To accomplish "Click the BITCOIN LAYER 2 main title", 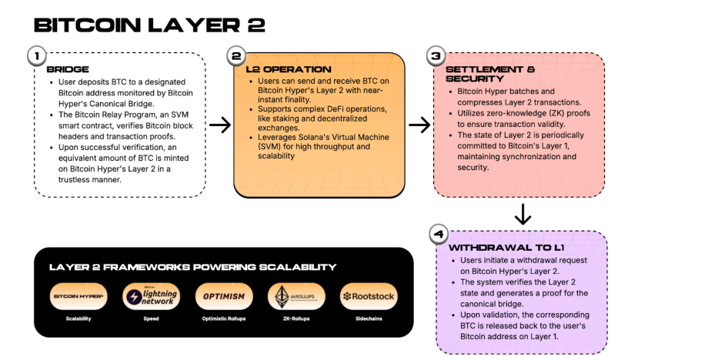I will (149, 25).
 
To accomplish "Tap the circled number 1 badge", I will (35, 55).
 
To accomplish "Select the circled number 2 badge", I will (236, 55).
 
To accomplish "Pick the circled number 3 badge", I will (436, 55).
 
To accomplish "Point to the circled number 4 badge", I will (437, 233).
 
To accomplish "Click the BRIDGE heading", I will (62, 69).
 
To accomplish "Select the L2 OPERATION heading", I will (289, 69).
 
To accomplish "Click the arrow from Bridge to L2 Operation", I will (220, 125).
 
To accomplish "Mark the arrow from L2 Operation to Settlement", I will (419, 125).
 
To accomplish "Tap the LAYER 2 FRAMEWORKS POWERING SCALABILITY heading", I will (192, 267).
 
